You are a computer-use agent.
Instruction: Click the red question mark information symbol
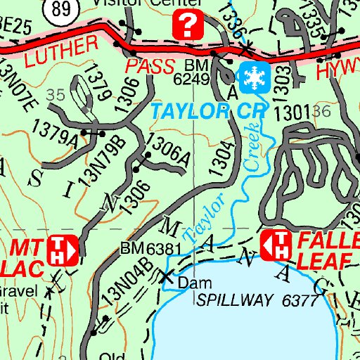click(x=188, y=26)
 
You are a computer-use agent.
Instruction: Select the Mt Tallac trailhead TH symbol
click(x=64, y=248)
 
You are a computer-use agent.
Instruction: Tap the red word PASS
click(x=151, y=67)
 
